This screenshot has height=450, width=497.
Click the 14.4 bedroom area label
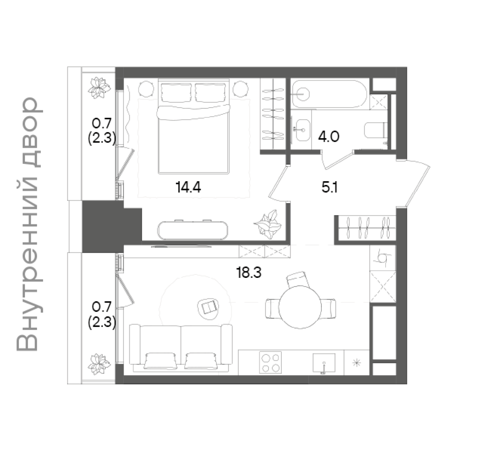point(188,187)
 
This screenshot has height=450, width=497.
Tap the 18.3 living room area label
point(249,273)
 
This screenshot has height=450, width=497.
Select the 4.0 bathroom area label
point(329,136)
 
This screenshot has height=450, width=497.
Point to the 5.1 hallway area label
point(330,187)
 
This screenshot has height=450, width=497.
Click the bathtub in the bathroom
point(330,94)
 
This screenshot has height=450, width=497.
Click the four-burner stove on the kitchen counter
point(270,362)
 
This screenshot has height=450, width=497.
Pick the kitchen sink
point(324,363)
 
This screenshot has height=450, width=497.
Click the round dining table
point(300,307)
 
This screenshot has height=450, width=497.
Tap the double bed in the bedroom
point(193,126)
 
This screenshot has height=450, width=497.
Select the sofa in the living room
point(181,348)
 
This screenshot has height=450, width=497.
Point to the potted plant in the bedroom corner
point(267,225)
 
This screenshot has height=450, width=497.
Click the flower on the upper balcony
point(99,88)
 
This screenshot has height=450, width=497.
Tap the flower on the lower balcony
point(99,364)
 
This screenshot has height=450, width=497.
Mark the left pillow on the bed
point(176,93)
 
